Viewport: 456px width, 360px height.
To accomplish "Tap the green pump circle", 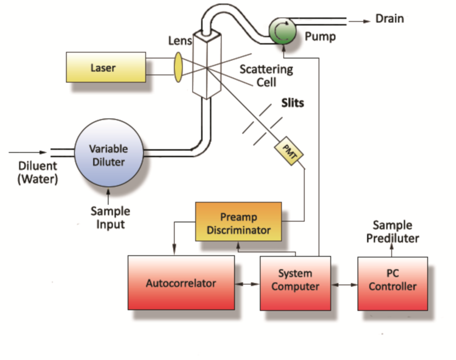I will click(x=283, y=32).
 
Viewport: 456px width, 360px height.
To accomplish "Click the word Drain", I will click(x=390, y=19).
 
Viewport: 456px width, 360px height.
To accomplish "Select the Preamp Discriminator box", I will click(x=238, y=224).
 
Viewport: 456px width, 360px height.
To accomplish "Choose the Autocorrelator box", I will click(x=181, y=283).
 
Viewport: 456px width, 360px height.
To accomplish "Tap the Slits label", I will click(x=293, y=102).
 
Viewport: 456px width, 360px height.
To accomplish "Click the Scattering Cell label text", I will click(x=266, y=76).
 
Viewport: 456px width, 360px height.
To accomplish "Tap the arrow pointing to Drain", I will click(x=360, y=21).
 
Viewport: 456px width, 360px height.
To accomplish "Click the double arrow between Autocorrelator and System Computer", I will click(x=246, y=284).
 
